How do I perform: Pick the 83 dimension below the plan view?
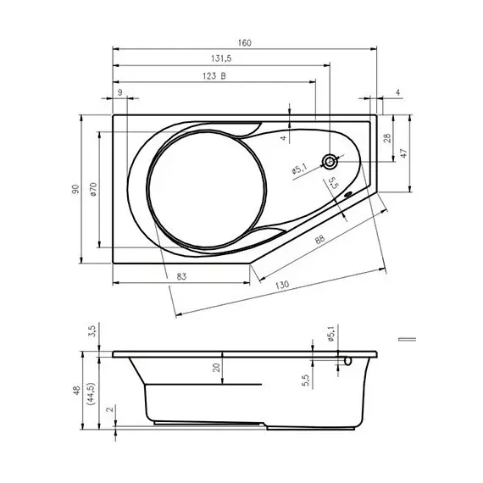coord(182,276)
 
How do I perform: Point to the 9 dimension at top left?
coord(119,92)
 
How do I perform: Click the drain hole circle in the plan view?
coord(329,160)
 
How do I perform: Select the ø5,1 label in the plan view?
coord(299,169)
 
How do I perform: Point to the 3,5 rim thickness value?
coord(92,334)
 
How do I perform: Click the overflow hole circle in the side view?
coord(346,361)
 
